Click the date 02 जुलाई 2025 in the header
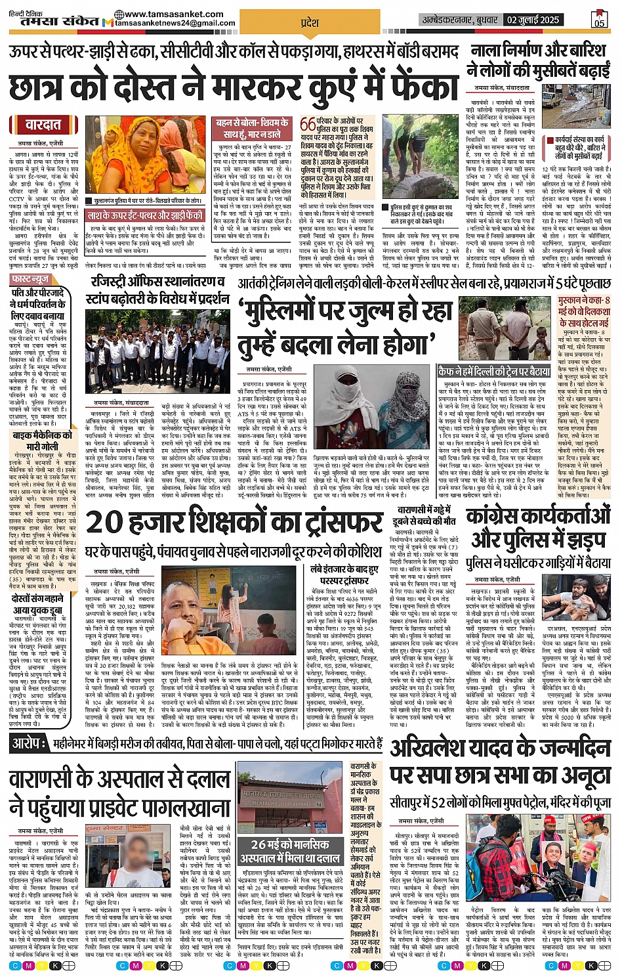tap(533, 20)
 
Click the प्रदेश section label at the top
tap(310, 22)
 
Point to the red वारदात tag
tap(43, 125)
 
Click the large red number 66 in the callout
tap(308, 125)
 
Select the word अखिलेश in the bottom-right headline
tap(430, 748)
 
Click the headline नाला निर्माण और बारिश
tap(538, 51)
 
